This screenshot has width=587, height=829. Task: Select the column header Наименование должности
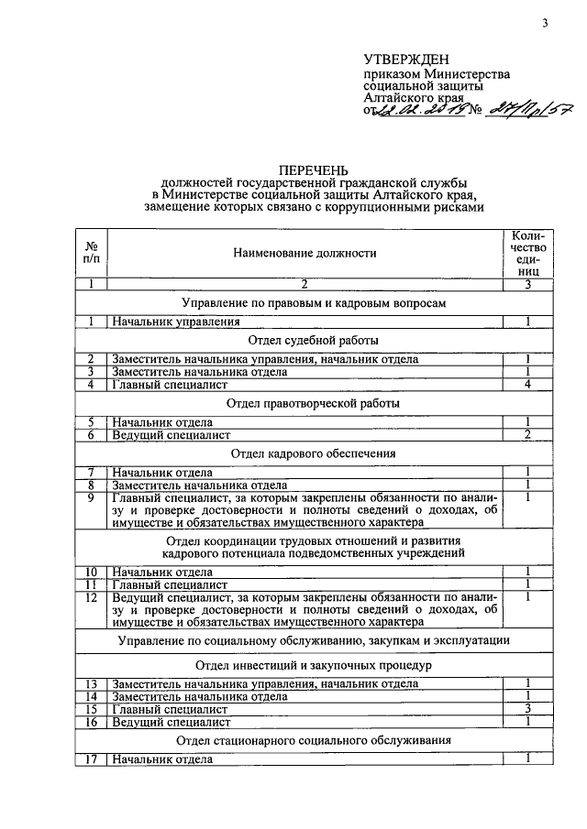coord(305,252)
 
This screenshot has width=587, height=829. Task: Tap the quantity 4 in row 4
coord(529,385)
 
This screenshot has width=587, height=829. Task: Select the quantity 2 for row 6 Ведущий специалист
coord(529,434)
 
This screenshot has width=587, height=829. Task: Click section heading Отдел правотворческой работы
coord(316,403)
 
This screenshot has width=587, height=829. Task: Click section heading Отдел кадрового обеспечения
coord(316,453)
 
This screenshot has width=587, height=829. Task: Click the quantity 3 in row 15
coord(529,709)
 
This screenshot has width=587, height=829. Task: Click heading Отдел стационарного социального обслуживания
coord(316,740)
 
